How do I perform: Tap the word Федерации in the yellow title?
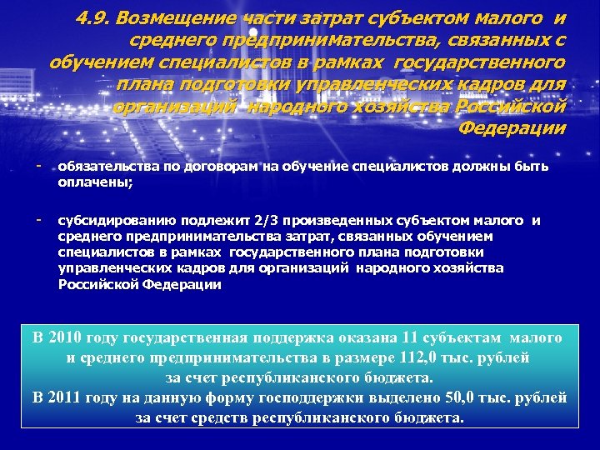(512, 127)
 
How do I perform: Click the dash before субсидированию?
(38, 219)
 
